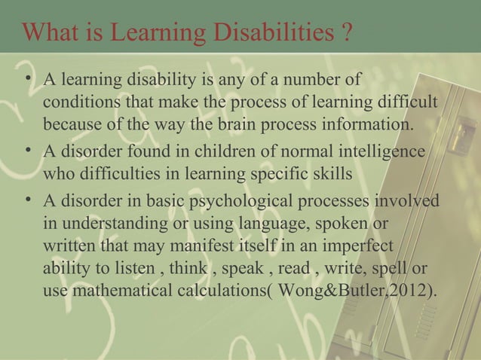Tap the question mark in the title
coord(345,35)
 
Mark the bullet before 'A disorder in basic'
coord(28,200)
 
